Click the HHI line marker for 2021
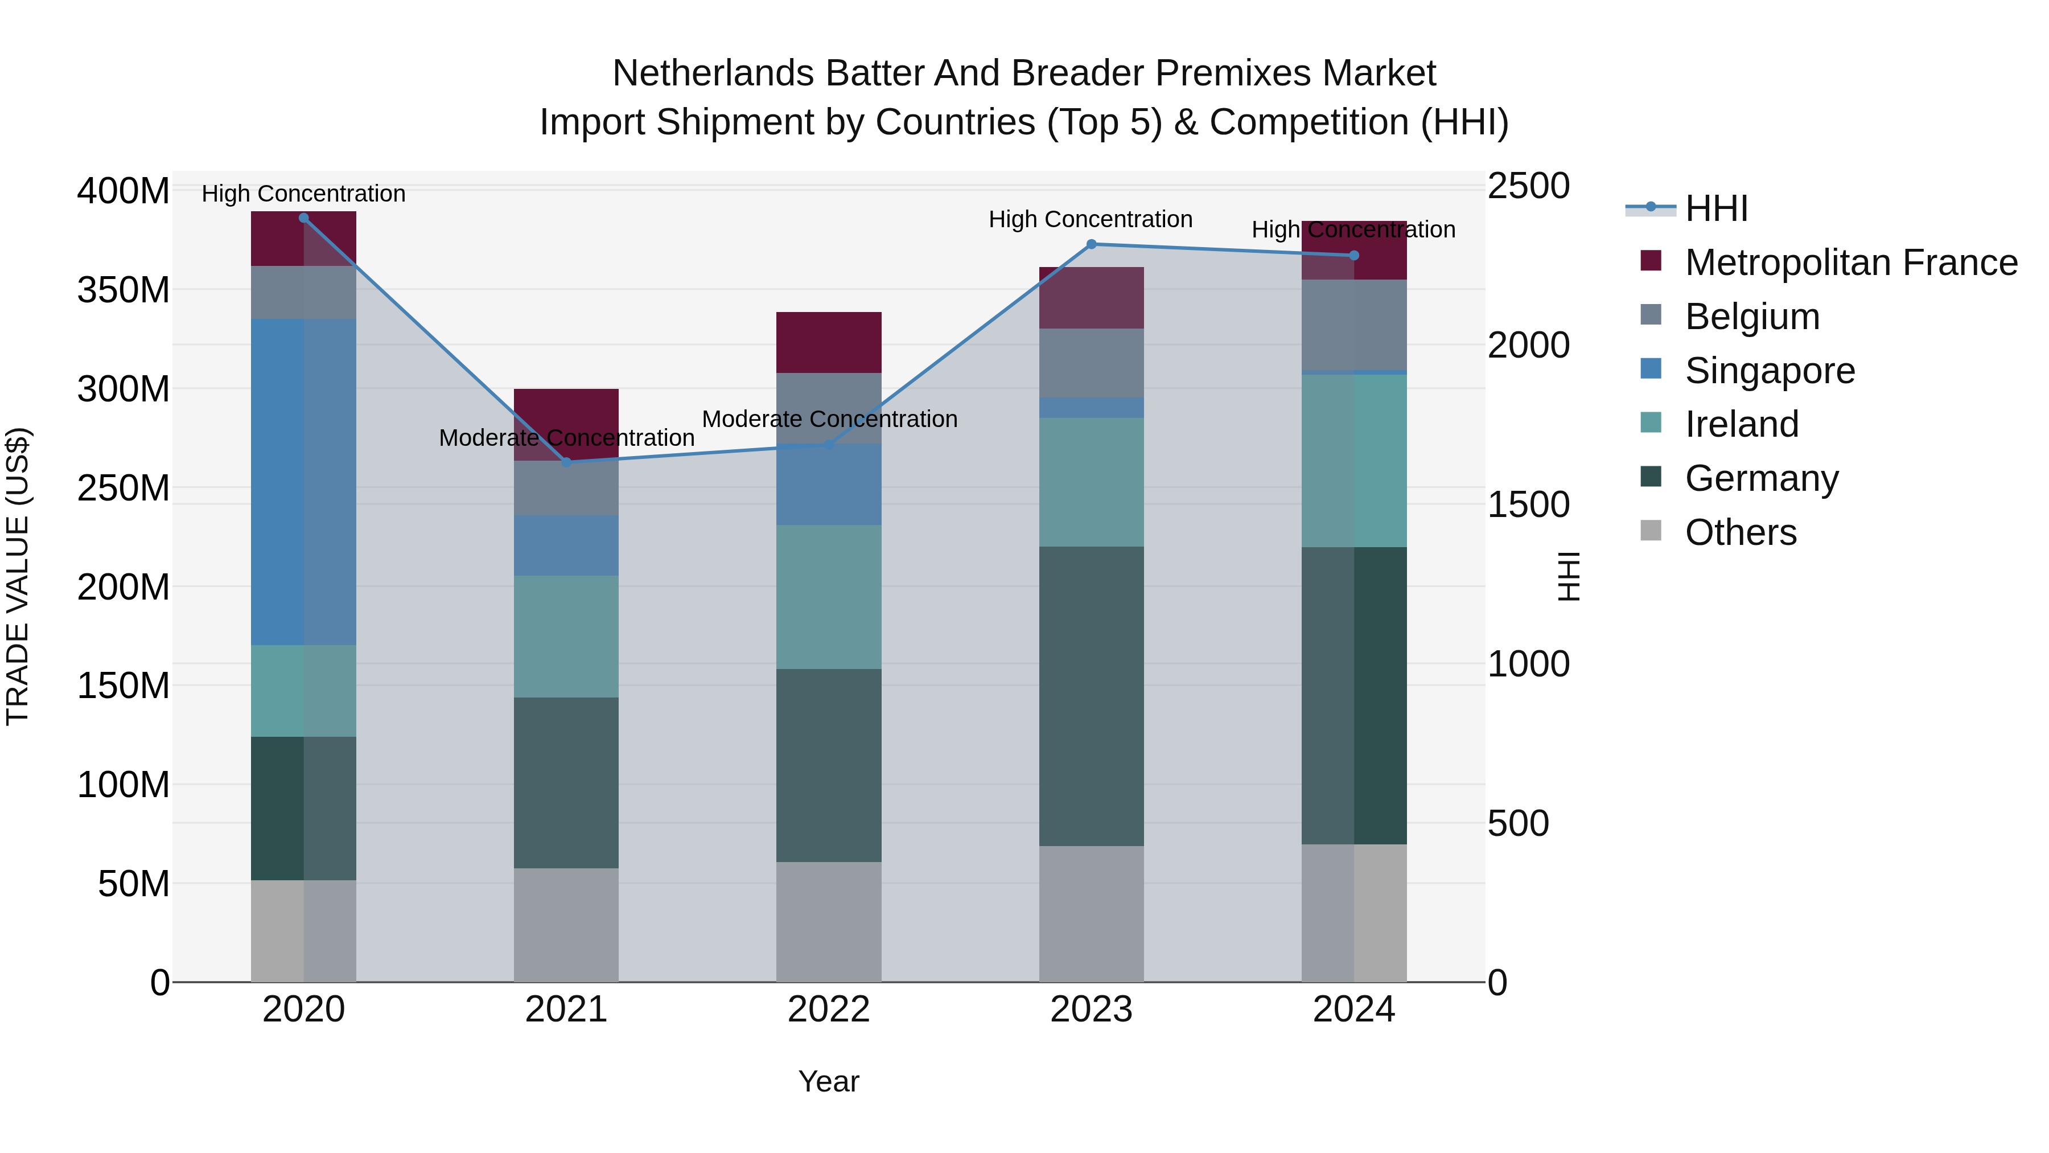pos(566,462)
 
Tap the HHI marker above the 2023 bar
pos(1091,244)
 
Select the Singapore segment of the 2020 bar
pos(303,481)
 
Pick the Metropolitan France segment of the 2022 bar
pos(829,342)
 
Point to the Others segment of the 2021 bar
pos(566,925)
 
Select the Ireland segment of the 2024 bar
pos(1354,460)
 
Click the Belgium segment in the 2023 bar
pos(1091,363)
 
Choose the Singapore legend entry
pos(1769,371)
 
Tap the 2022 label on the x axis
pos(829,1010)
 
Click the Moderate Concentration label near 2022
pos(829,419)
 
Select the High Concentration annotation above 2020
pos(303,194)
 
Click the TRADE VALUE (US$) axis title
pos(18,576)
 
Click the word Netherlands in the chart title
pos(713,73)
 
